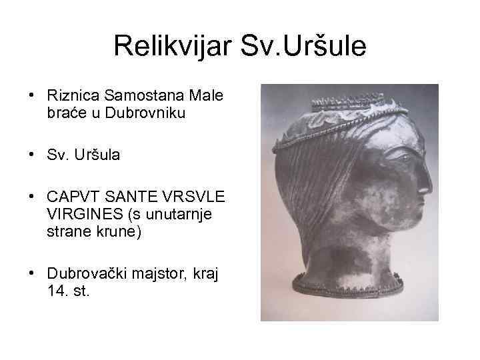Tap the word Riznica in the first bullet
tap(69, 97)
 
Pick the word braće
tap(65, 113)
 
